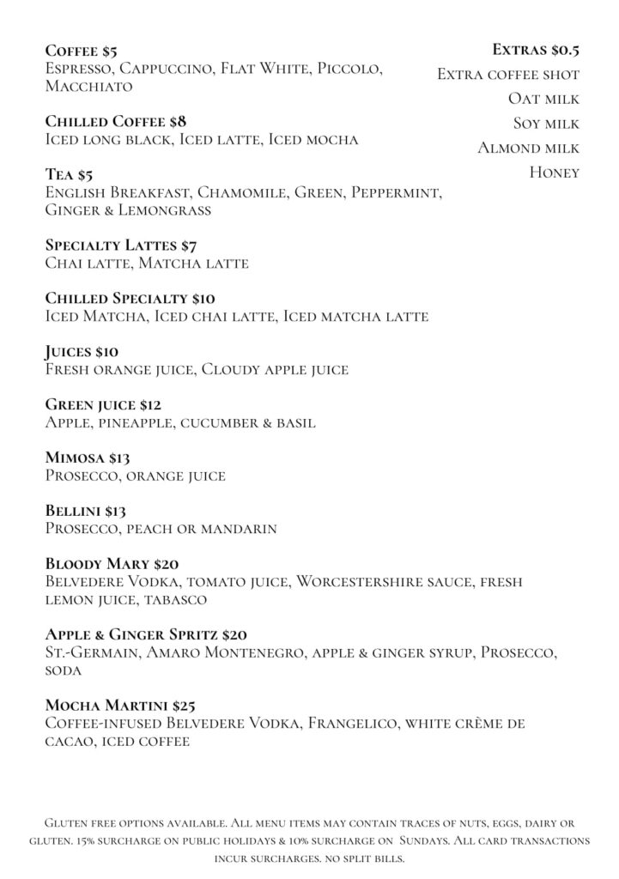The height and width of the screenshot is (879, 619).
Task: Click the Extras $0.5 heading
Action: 536,50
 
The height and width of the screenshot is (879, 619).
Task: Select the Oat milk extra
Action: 543,99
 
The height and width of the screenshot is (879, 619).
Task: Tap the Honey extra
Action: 554,173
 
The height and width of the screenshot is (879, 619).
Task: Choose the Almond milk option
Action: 528,148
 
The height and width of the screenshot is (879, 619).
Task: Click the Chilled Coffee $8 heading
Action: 115,121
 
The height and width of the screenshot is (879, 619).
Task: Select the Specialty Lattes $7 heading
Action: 121,246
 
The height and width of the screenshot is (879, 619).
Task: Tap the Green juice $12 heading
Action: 103,404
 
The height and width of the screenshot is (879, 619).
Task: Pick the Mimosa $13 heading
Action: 87,458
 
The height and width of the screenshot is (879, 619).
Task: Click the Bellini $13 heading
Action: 85,511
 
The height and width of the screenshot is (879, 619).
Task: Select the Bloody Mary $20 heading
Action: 112,564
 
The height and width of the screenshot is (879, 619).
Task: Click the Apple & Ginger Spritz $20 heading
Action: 146,635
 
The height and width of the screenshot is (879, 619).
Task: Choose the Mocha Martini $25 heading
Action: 120,706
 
